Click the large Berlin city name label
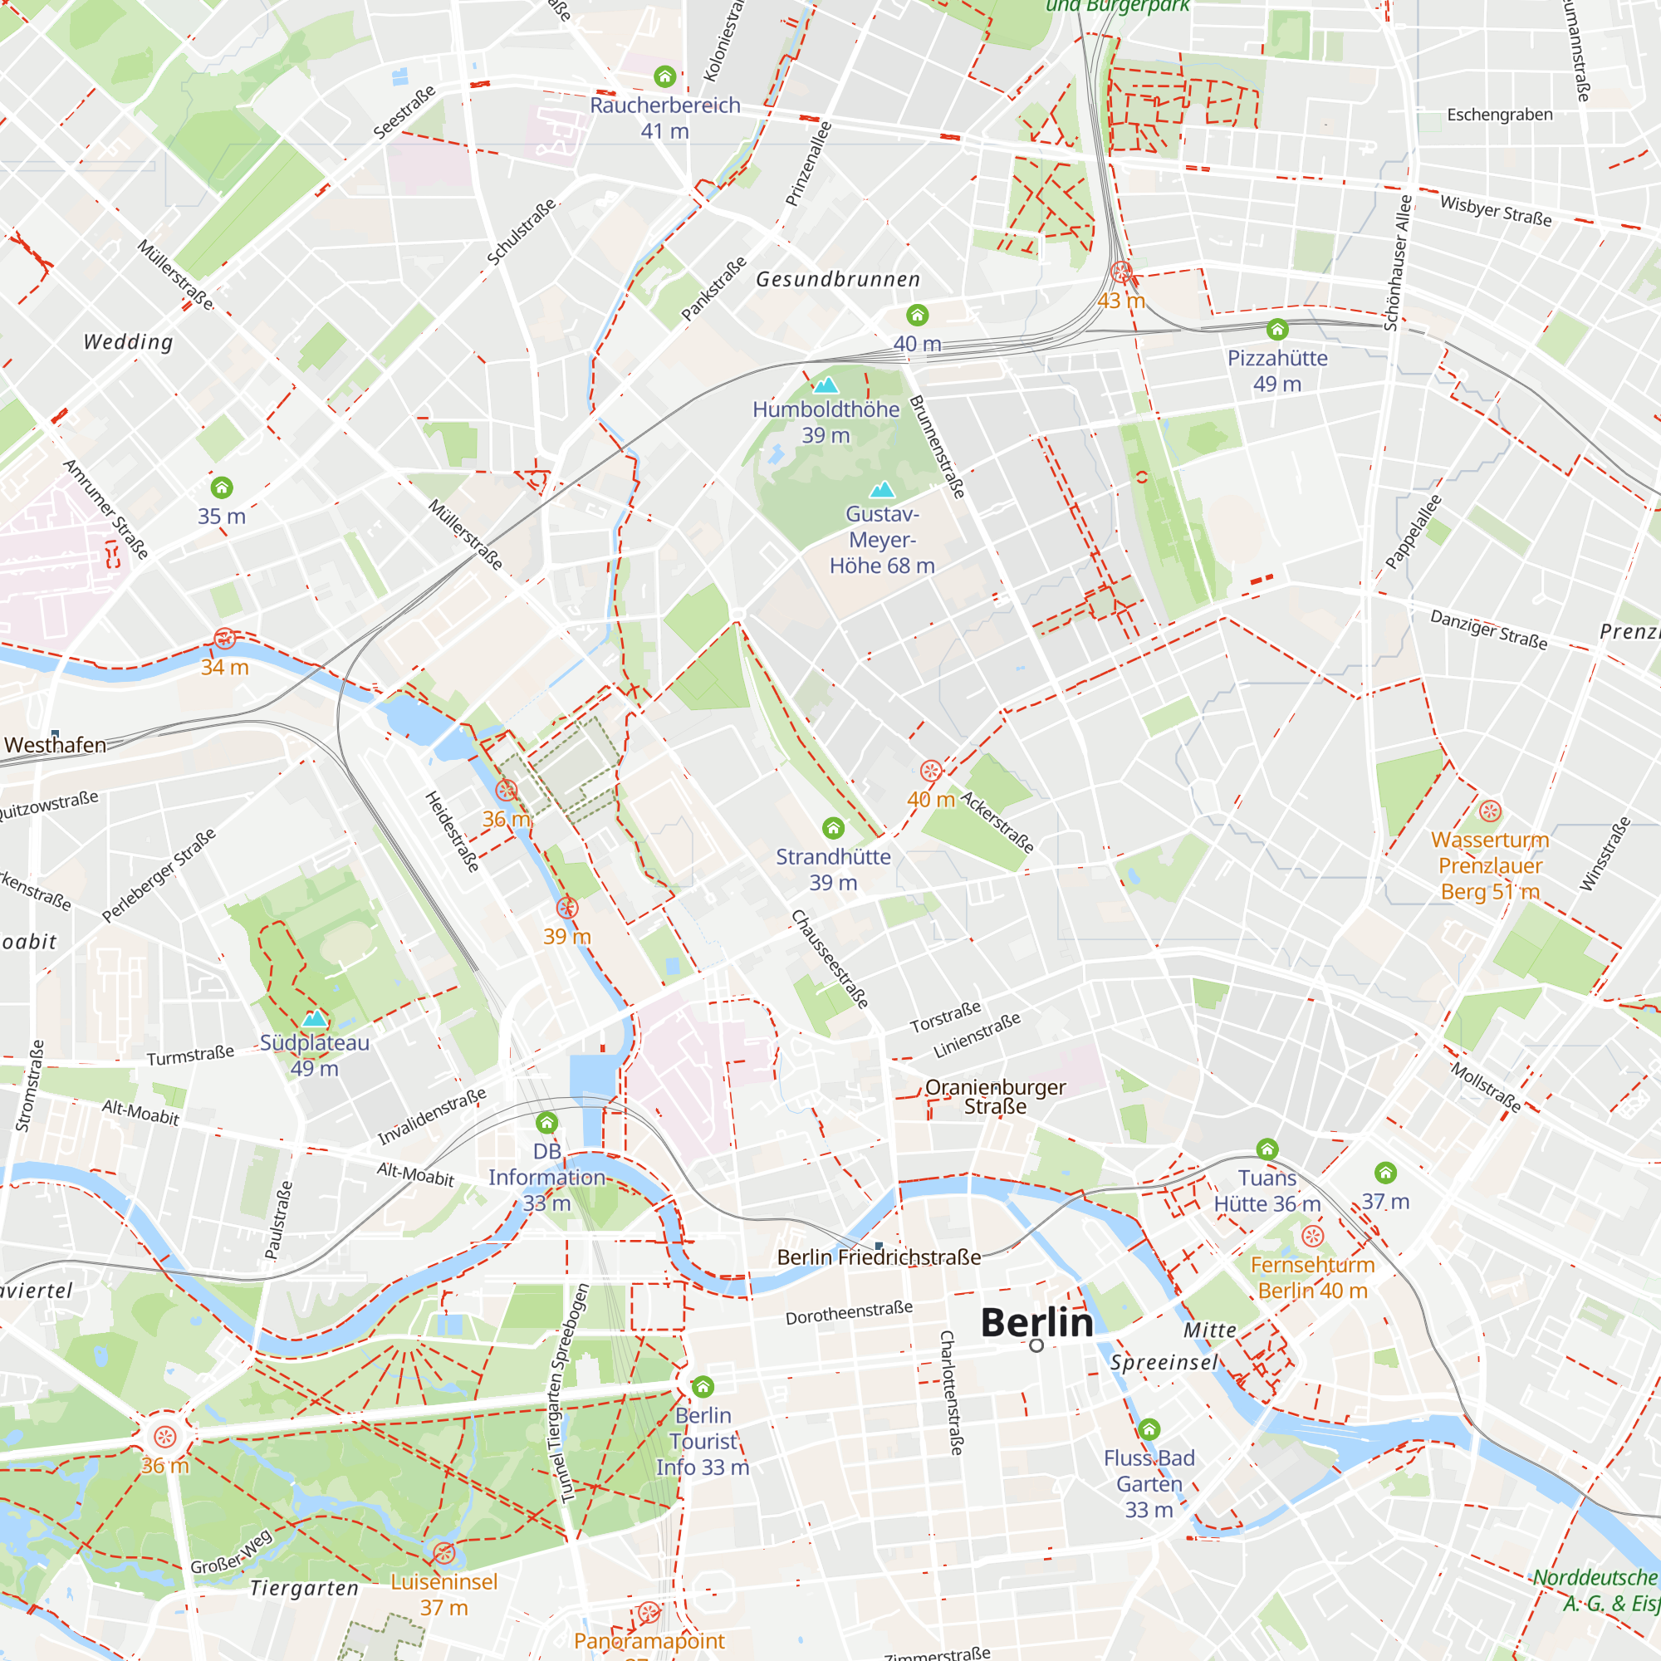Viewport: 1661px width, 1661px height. pos(1036,1323)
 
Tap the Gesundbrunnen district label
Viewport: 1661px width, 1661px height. pos(838,279)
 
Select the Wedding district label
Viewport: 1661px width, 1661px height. pos(128,342)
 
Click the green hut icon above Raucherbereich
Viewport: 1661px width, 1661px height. pos(664,77)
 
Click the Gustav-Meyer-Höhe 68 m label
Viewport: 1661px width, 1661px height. pos(881,540)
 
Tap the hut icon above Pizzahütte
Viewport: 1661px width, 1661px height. pos(1276,329)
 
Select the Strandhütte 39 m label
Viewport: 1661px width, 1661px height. pos(833,870)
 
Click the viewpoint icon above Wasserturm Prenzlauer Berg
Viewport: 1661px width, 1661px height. pos(1490,811)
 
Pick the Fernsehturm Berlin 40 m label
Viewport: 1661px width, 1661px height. pos(1312,1277)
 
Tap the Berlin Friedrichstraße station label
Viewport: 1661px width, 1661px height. pos(879,1257)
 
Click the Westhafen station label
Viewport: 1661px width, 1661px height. pos(56,744)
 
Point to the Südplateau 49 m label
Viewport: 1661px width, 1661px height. pos(315,1056)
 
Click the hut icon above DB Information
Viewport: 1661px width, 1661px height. pos(546,1123)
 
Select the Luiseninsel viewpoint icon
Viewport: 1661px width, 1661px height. pos(443,1553)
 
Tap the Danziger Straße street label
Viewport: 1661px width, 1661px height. pos(1488,630)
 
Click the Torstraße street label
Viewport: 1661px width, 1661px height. pos(946,1017)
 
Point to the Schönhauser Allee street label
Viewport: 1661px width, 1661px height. pos(1397,263)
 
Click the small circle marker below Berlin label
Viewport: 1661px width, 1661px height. pos(1036,1345)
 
